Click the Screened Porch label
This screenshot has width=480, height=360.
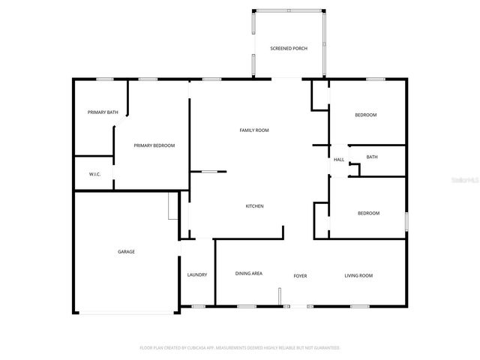289,49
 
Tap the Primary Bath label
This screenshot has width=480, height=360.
103,112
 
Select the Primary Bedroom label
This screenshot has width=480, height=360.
154,145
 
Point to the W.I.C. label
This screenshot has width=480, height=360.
95,174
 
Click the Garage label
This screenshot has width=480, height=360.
126,252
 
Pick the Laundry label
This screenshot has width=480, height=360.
196,275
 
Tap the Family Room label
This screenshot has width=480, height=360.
254,130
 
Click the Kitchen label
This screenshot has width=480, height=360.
255,206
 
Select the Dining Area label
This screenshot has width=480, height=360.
248,274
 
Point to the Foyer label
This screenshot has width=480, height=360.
300,276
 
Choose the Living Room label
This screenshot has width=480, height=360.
358,276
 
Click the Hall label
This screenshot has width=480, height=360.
339,160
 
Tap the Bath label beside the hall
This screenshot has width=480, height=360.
372,157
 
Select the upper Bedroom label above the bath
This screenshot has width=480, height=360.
365,115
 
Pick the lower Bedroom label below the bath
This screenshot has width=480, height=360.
368,213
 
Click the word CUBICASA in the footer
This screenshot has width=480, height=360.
202,348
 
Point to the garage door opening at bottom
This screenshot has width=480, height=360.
127,312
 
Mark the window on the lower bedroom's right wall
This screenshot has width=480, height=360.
406,222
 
